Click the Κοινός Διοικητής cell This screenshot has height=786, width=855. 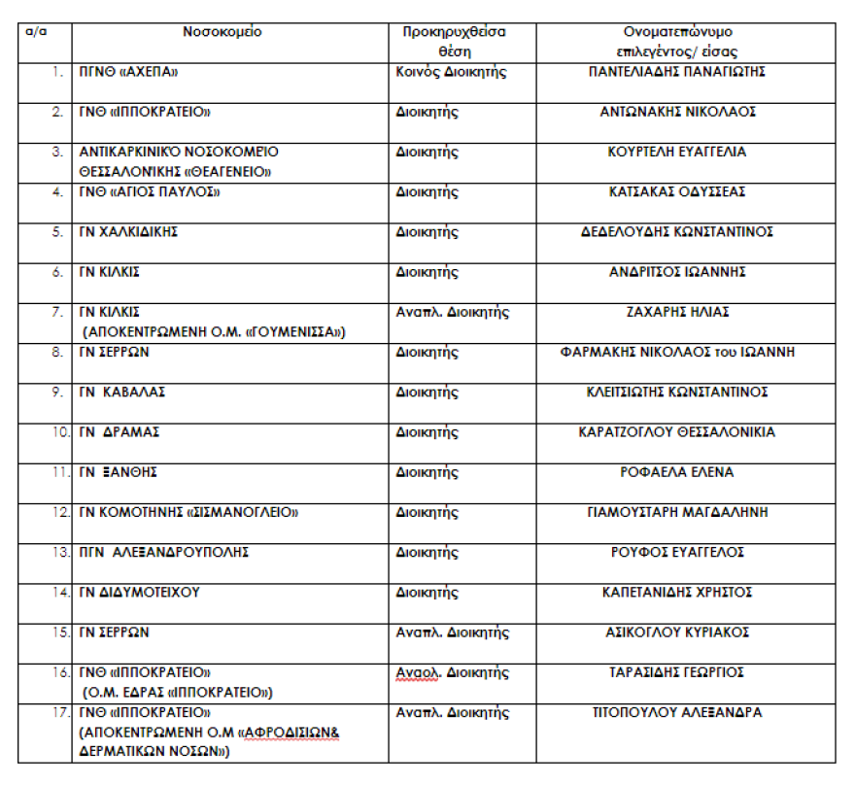[x=452, y=72]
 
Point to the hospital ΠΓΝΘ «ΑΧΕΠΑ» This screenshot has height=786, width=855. [x=130, y=72]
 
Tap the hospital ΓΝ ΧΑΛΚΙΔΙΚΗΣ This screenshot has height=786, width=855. [x=128, y=231]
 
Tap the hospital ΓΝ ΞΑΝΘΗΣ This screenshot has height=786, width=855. [x=119, y=472]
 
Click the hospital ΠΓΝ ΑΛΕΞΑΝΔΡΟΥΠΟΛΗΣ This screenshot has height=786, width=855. [x=164, y=552]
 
